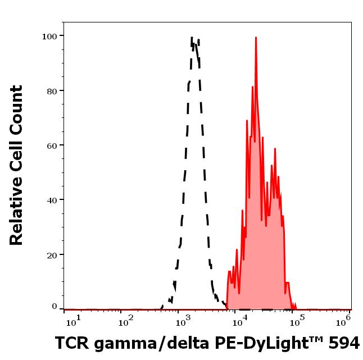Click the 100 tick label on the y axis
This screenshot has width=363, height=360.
pyautogui.click(x=49, y=36)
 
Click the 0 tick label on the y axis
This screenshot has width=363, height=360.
pyautogui.click(x=55, y=307)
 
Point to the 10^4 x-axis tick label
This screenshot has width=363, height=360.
pyautogui.click(x=239, y=321)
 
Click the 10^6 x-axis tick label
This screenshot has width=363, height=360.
pyautogui.click(x=344, y=320)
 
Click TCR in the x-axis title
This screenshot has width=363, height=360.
pyautogui.click(x=70, y=343)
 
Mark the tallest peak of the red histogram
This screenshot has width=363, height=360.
pyautogui.click(x=256, y=38)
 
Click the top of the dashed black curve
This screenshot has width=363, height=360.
pyautogui.click(x=192, y=38)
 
